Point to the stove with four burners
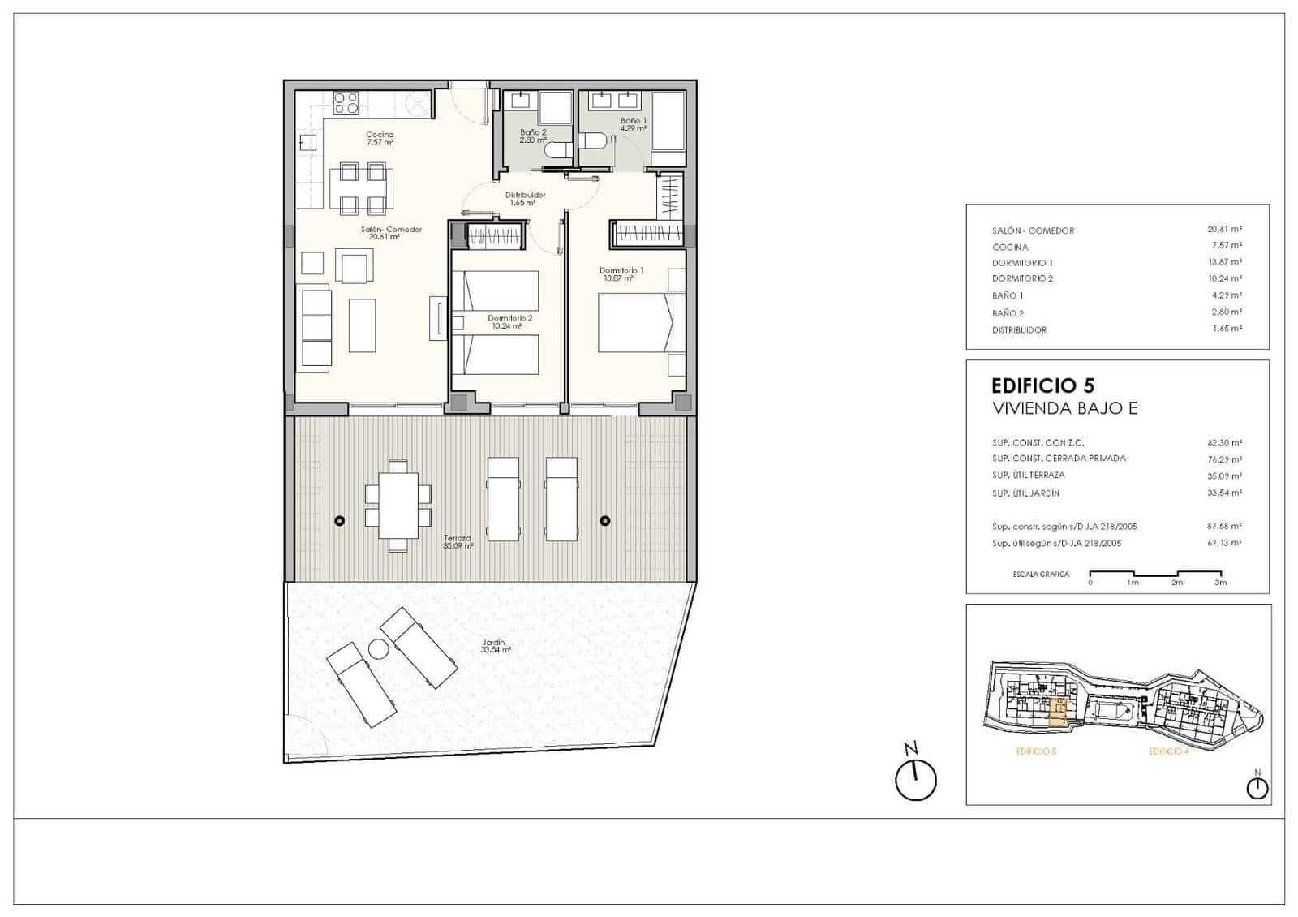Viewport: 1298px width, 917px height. click(x=346, y=102)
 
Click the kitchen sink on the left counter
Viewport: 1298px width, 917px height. click(x=307, y=143)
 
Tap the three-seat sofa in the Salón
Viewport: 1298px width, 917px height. click(x=316, y=328)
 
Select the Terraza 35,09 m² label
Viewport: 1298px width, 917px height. click(x=458, y=542)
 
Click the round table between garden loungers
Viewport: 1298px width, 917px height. click(x=378, y=648)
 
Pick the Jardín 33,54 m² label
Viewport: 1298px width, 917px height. click(x=496, y=646)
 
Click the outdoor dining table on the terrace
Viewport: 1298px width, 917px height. click(x=398, y=506)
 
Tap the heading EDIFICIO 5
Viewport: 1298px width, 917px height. click(x=1042, y=385)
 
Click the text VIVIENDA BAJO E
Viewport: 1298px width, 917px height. click(x=1064, y=408)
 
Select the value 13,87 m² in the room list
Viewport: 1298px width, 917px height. click(x=1224, y=262)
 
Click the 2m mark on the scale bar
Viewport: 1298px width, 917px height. click(x=1176, y=582)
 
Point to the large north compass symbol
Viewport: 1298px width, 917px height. click(x=915, y=780)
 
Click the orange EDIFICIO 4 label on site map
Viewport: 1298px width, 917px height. click(x=1169, y=751)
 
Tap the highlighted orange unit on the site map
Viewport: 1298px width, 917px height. click(x=1057, y=712)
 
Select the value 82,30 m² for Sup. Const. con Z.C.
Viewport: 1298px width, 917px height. click(x=1224, y=443)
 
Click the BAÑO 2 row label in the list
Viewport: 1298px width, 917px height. click(x=1008, y=313)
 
